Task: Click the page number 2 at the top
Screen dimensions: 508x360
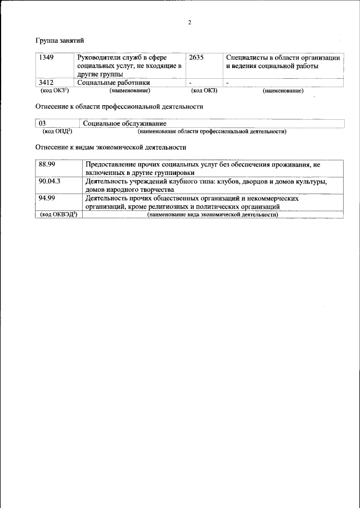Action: point(190,23)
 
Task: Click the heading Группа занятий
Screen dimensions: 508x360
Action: point(60,41)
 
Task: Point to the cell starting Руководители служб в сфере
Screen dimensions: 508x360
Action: point(129,66)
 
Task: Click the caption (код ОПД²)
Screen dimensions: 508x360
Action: point(57,131)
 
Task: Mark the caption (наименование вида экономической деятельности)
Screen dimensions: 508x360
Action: point(212,215)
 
